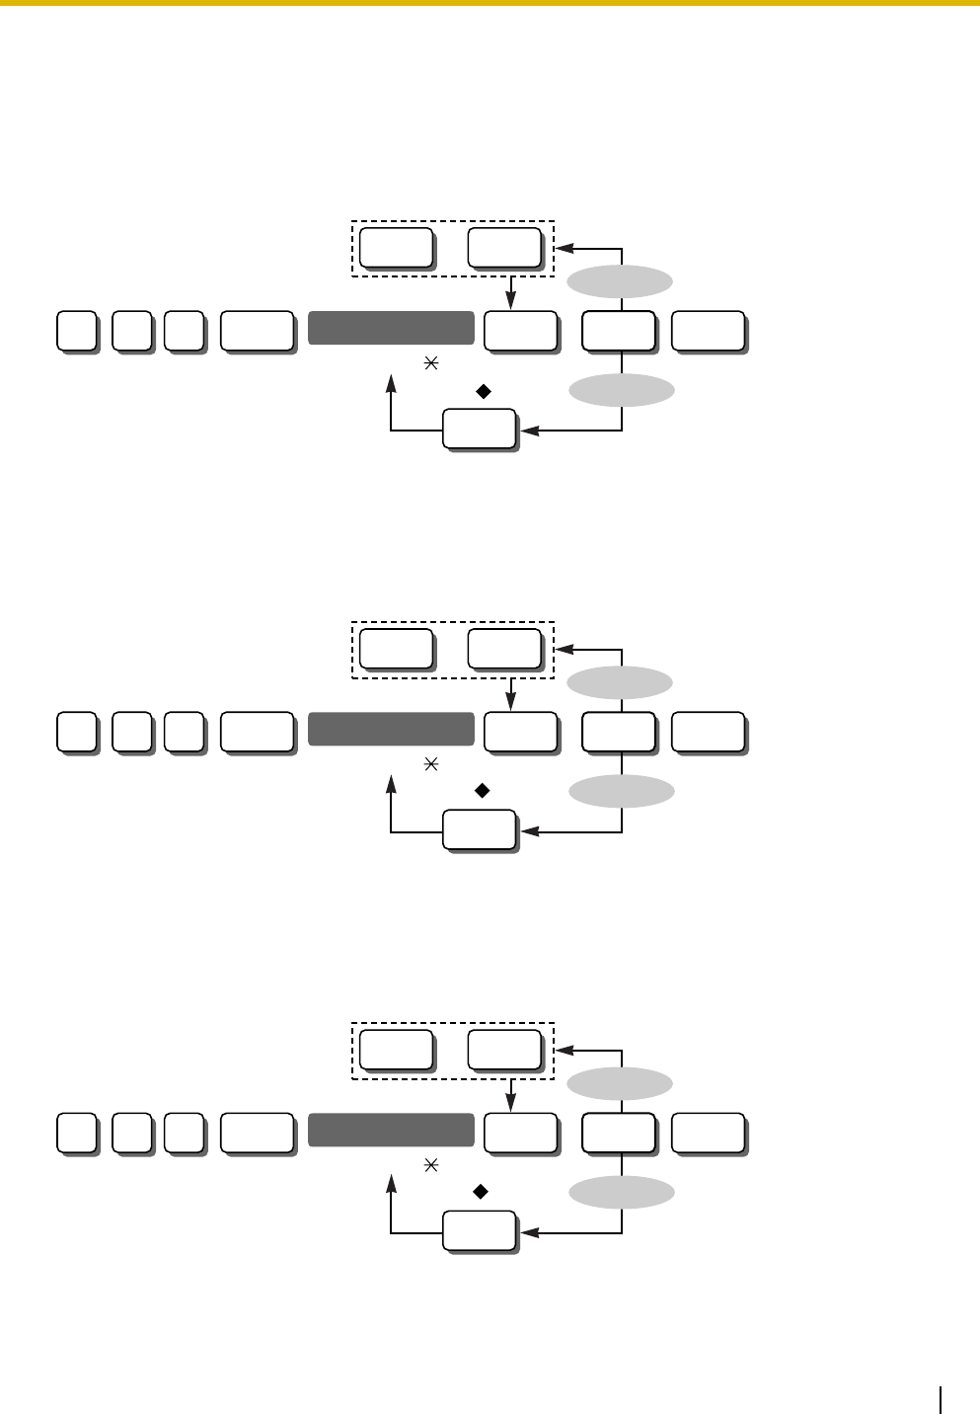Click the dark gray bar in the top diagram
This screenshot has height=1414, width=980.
[391, 328]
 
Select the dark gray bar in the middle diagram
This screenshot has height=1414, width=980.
[391, 729]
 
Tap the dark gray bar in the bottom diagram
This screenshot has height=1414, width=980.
[391, 1130]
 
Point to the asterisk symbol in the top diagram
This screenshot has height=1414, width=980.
[429, 364]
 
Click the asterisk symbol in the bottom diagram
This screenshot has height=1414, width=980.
[429, 1166]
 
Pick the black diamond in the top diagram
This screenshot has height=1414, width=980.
[483, 392]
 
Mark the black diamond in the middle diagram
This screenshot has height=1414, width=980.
[483, 791]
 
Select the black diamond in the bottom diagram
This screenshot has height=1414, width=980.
[483, 1193]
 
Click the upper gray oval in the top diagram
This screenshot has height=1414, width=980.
[620, 282]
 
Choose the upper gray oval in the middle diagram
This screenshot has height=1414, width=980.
[620, 682]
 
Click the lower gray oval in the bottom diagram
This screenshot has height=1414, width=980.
[622, 1193]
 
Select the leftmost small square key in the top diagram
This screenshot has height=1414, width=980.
[76, 330]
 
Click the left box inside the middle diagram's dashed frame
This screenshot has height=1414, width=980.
[395, 647]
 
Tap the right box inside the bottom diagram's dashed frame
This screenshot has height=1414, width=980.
[504, 1049]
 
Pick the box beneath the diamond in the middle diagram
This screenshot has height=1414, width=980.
[479, 830]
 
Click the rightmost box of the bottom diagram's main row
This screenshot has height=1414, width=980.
[708, 1132]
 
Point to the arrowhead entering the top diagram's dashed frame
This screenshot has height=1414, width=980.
[564, 248]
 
